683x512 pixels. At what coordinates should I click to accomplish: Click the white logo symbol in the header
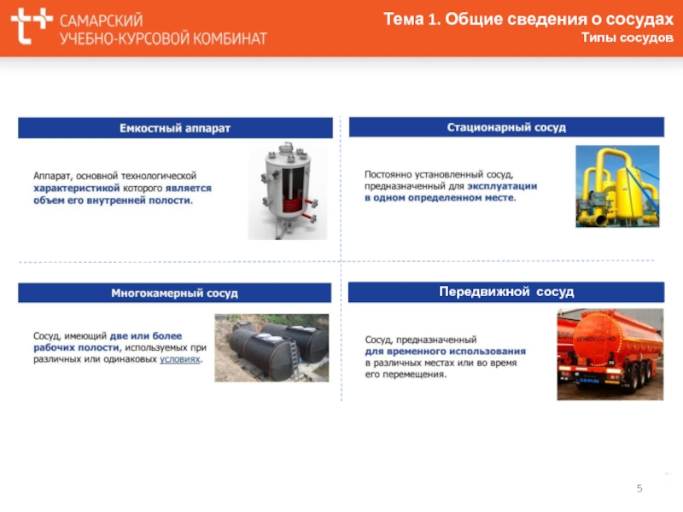point(32,26)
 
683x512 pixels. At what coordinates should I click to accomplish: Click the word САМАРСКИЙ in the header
point(102,20)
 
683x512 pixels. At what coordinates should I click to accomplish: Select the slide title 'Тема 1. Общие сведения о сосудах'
point(528,19)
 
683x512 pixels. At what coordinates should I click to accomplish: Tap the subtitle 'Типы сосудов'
point(628,38)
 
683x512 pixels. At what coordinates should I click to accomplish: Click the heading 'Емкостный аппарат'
point(175,128)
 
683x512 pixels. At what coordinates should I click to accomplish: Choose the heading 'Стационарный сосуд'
point(506,127)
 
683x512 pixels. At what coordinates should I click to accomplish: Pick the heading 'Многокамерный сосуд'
point(175,293)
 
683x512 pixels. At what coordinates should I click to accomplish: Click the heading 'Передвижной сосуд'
point(506,292)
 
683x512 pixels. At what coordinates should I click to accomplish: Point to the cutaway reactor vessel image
point(288,190)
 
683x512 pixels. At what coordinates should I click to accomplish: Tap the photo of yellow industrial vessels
point(617,186)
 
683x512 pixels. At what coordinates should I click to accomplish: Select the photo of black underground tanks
point(271,348)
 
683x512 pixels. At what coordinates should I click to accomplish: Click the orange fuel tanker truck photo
point(610,354)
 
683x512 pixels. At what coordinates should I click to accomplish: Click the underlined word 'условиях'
point(180,359)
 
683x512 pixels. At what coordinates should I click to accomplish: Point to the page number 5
point(639,488)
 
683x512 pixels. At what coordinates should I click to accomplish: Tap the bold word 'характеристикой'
point(77,188)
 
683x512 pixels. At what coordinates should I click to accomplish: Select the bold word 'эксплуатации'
point(502,186)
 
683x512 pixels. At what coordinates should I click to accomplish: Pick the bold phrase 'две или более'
point(146,336)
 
